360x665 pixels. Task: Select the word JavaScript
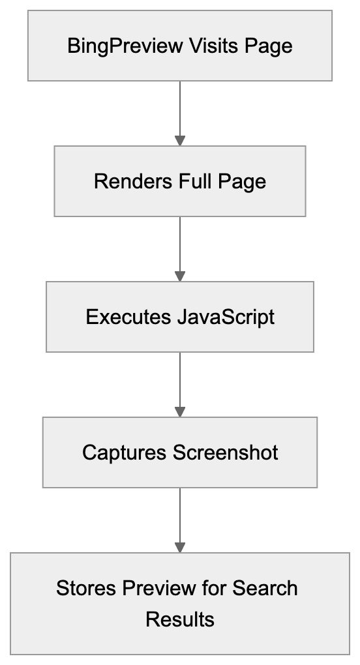pos(226,317)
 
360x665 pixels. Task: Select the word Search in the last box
pos(265,588)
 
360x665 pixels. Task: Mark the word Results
pos(180,619)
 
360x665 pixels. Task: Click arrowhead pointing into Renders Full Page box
pos(180,141)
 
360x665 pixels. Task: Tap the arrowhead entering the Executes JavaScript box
pos(180,276)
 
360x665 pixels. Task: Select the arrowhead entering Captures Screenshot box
pos(180,412)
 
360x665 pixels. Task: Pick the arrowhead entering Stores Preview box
pos(180,548)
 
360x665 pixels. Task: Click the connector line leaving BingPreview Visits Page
pos(180,108)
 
